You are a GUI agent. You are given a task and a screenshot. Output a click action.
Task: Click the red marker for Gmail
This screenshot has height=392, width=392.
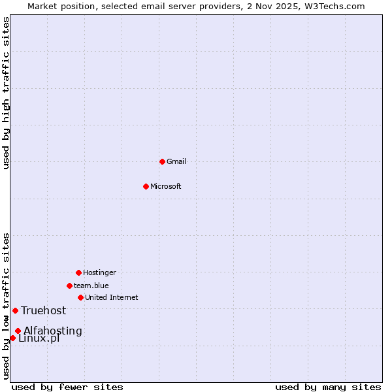162,161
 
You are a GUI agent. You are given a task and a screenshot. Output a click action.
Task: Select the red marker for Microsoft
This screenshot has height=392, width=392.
146,186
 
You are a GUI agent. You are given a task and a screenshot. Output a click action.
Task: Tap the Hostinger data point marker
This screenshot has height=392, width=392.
78,272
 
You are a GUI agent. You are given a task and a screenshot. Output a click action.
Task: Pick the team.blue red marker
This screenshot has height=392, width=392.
69,286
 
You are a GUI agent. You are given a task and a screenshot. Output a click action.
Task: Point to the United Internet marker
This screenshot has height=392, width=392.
80,297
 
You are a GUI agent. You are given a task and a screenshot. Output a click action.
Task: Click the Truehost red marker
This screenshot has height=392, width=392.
15,310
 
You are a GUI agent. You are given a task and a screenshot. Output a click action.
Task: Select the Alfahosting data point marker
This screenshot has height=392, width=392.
18,331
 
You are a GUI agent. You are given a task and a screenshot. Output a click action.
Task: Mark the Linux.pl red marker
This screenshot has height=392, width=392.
12,338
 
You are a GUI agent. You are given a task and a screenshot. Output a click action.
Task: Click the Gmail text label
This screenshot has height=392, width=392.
176,161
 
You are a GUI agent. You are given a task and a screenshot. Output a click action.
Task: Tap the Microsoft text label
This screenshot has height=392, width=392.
166,186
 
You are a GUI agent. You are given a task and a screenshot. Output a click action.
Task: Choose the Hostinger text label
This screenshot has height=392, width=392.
99,272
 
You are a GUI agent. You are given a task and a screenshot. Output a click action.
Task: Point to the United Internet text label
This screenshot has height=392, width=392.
112,297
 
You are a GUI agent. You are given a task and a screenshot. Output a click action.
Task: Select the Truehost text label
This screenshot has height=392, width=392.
44,310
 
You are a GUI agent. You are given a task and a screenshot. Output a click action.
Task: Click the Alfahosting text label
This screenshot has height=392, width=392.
53,331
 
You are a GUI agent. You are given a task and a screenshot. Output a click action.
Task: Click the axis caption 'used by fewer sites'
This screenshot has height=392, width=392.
67,387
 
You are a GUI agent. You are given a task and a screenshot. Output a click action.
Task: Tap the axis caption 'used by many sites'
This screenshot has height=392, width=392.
328,387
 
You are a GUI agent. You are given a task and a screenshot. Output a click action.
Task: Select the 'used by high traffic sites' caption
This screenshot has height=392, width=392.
6,93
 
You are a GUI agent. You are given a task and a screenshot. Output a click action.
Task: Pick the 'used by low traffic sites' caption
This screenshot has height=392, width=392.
6,306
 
